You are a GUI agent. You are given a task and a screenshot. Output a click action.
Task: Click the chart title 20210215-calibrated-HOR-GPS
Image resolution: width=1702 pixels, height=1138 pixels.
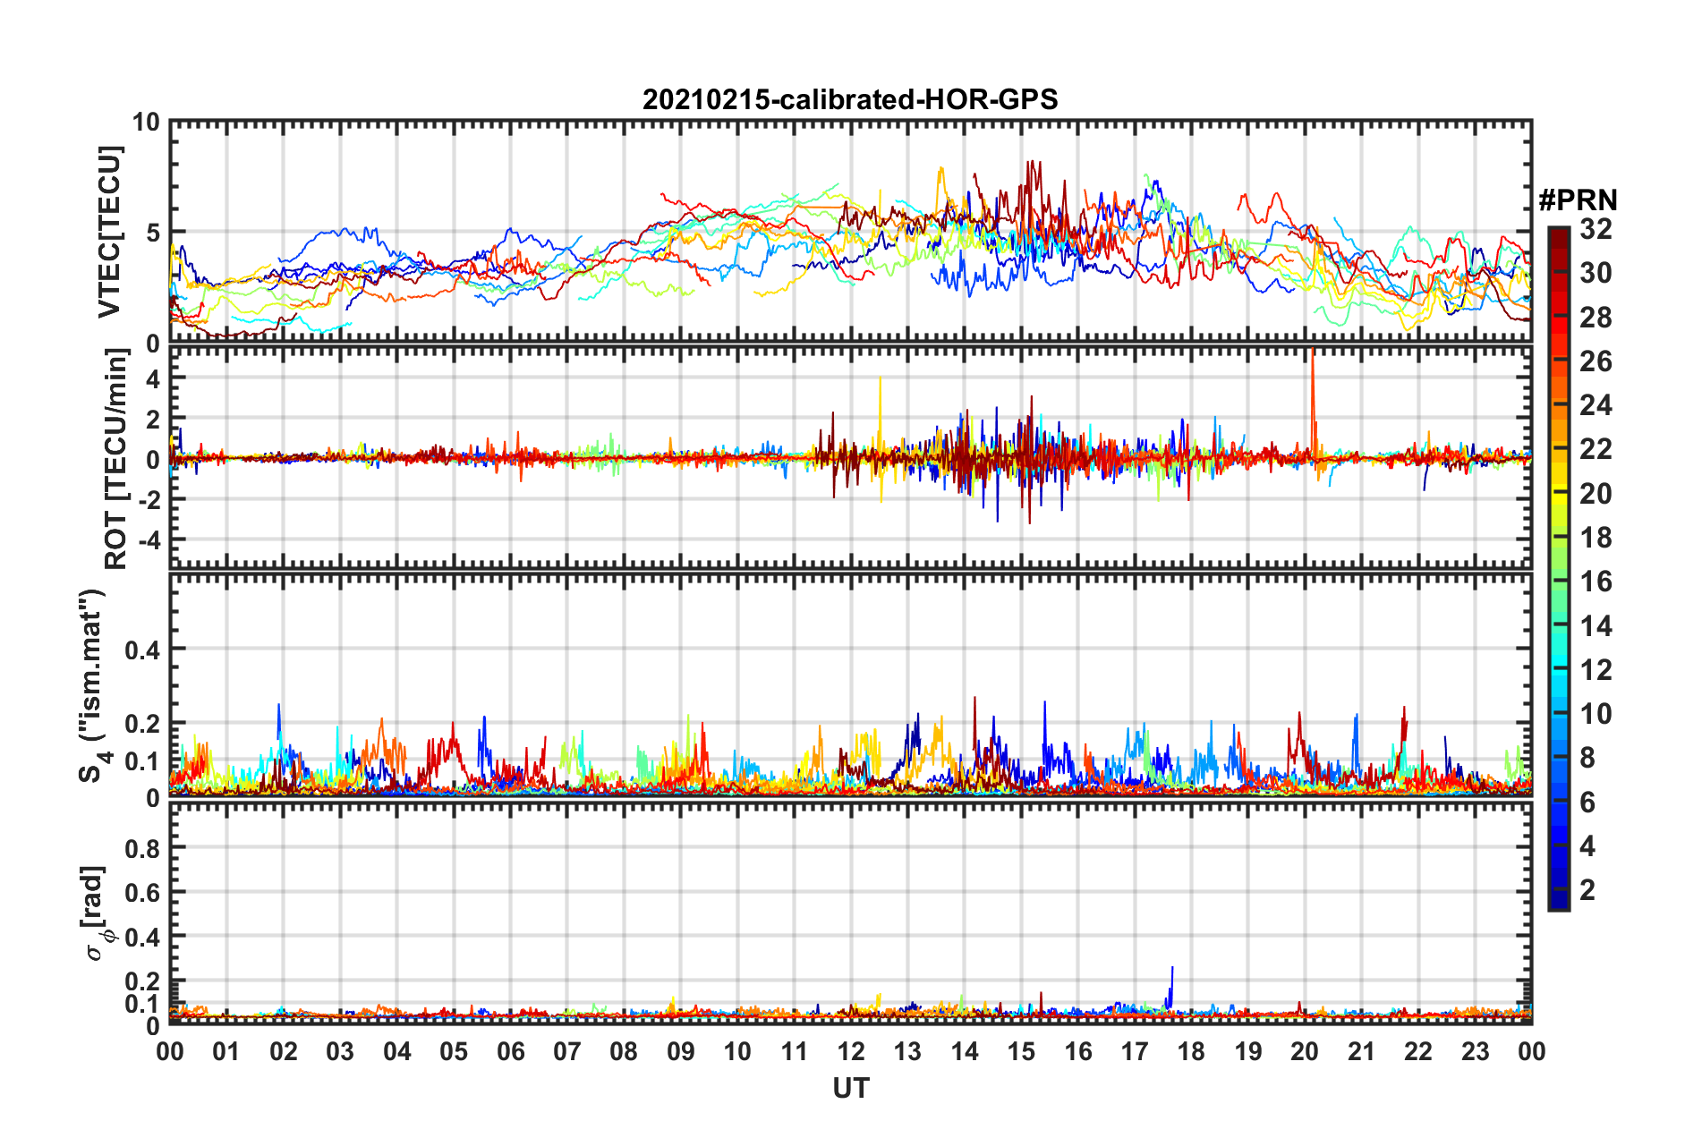tap(850, 99)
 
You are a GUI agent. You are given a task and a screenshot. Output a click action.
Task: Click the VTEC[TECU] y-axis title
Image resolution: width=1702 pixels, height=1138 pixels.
tap(109, 232)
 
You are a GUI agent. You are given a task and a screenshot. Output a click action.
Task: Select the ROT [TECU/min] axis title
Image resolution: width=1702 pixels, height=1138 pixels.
tap(115, 459)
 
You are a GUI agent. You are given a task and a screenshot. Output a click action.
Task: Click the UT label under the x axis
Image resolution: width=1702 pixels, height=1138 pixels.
tap(850, 1088)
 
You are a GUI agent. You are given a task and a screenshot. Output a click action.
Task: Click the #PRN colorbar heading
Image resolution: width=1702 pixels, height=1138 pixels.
tap(1578, 200)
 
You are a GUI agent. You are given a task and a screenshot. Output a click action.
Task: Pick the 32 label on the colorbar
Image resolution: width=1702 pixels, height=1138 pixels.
tap(1596, 229)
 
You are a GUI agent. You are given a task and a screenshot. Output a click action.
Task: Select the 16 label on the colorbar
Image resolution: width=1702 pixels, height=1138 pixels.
tap(1596, 582)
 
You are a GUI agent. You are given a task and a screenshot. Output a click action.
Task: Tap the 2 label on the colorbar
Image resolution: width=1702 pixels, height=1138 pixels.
tap(1587, 890)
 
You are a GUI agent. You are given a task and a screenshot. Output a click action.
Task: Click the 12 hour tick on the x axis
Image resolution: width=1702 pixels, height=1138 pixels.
tap(851, 1051)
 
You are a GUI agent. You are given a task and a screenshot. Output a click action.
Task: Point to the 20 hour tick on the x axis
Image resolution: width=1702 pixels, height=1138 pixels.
tap(1305, 1051)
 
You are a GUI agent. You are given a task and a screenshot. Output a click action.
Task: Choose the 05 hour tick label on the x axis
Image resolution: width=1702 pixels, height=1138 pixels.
tap(454, 1051)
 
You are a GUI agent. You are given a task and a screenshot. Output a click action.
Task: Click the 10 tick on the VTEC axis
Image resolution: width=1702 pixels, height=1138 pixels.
tap(146, 123)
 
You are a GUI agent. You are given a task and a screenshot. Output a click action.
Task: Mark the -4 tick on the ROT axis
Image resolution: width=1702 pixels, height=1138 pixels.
tap(148, 540)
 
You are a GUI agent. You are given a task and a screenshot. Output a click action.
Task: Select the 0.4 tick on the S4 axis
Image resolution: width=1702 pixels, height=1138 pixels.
tap(142, 650)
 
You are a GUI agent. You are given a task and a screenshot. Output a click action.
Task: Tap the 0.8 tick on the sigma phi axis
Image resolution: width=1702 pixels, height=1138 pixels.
tap(142, 847)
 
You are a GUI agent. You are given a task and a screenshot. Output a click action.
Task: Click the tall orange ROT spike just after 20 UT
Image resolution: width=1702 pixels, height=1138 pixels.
tap(1312, 376)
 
